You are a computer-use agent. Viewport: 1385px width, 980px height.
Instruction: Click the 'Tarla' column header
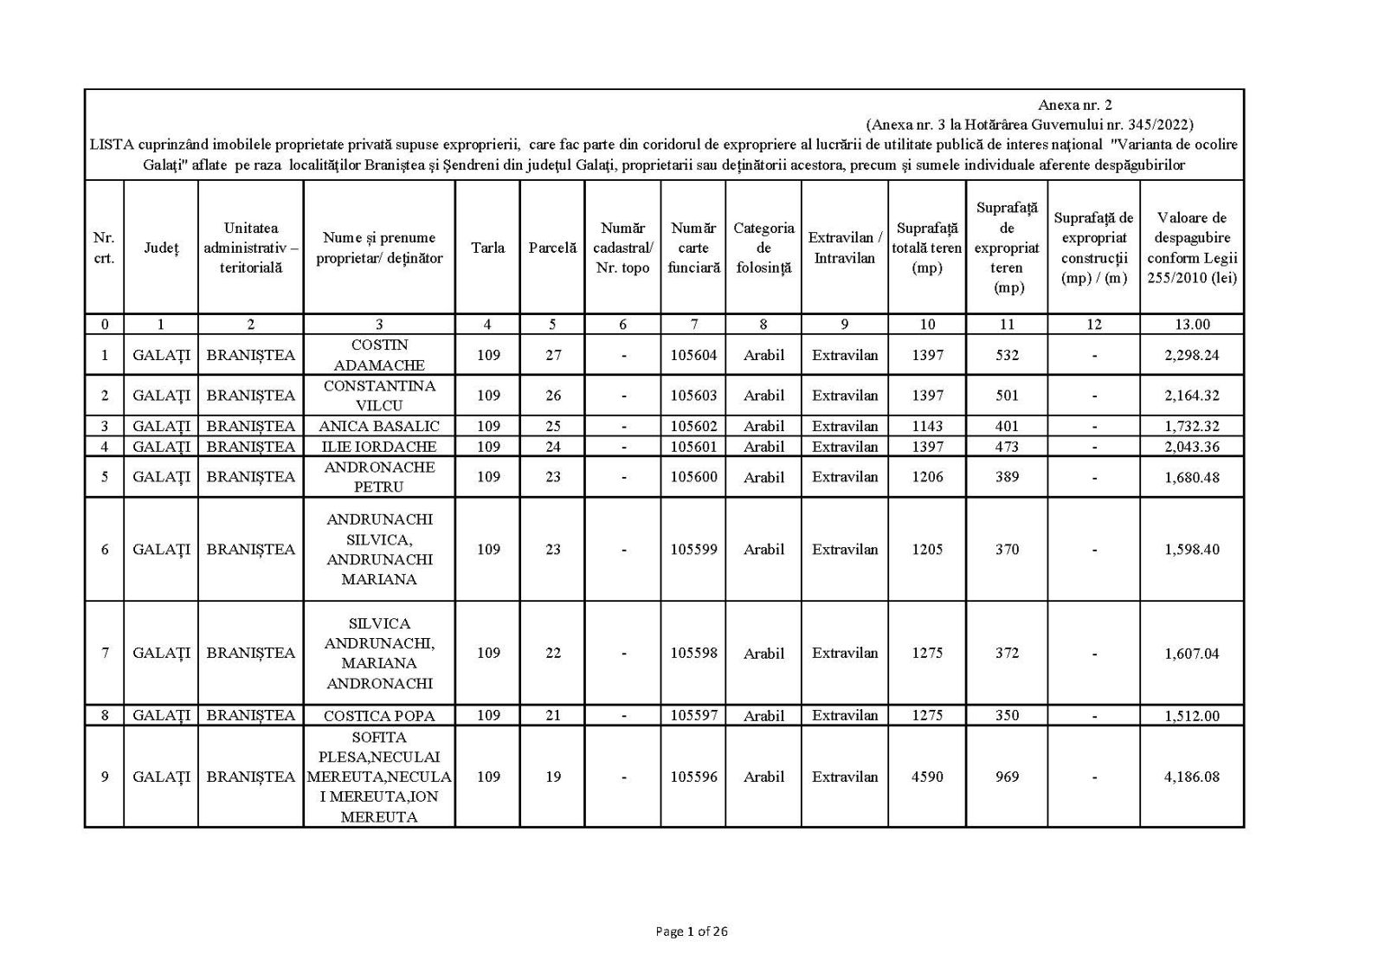[487, 248]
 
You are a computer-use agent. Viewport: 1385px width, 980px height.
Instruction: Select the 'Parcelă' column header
[552, 248]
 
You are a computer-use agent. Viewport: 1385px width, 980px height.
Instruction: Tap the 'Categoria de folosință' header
[763, 248]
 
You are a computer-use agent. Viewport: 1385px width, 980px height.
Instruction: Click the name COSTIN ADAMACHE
[379, 355]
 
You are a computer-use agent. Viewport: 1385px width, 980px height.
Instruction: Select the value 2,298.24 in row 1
[1191, 355]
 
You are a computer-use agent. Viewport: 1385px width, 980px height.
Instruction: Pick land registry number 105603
[693, 396]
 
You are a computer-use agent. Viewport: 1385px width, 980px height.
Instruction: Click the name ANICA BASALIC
[379, 426]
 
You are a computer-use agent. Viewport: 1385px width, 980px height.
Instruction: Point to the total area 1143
[926, 426]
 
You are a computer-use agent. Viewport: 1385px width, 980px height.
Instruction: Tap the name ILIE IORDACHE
[379, 447]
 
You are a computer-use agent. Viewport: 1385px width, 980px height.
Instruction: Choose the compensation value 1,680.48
[1191, 477]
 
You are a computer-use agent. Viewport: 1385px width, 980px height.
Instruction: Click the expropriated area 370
[1007, 549]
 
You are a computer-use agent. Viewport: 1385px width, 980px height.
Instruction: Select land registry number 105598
[693, 653]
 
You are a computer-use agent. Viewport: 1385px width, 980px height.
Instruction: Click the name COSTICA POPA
[379, 716]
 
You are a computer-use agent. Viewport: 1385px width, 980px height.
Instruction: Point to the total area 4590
[926, 777]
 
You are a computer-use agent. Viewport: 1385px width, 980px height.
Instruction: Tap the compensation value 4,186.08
[1191, 777]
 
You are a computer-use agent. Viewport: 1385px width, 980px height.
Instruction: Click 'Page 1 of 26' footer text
[692, 932]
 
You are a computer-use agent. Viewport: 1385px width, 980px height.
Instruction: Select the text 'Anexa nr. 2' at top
[1074, 106]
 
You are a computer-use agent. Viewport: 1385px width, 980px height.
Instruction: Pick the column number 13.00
[1191, 325]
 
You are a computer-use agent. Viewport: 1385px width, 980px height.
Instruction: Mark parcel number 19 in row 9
[553, 777]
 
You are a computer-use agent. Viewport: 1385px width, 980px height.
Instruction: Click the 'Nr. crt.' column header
[104, 248]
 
